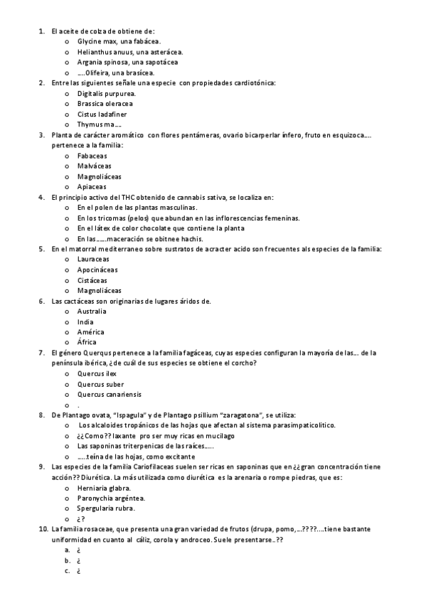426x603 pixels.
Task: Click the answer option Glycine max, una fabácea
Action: [x=116, y=41]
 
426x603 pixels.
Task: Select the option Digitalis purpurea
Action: [x=106, y=93]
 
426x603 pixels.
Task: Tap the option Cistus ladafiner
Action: [x=102, y=114]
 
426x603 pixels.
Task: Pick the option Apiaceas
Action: [x=92, y=186]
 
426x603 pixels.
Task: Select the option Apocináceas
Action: [x=97, y=270]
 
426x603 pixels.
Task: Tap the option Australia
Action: [x=92, y=311]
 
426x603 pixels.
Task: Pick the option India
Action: [x=85, y=321]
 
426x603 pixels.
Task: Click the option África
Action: [x=87, y=342]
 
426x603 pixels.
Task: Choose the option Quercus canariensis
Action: [x=110, y=394]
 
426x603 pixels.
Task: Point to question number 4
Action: [x=41, y=197]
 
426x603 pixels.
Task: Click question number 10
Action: [x=42, y=529]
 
